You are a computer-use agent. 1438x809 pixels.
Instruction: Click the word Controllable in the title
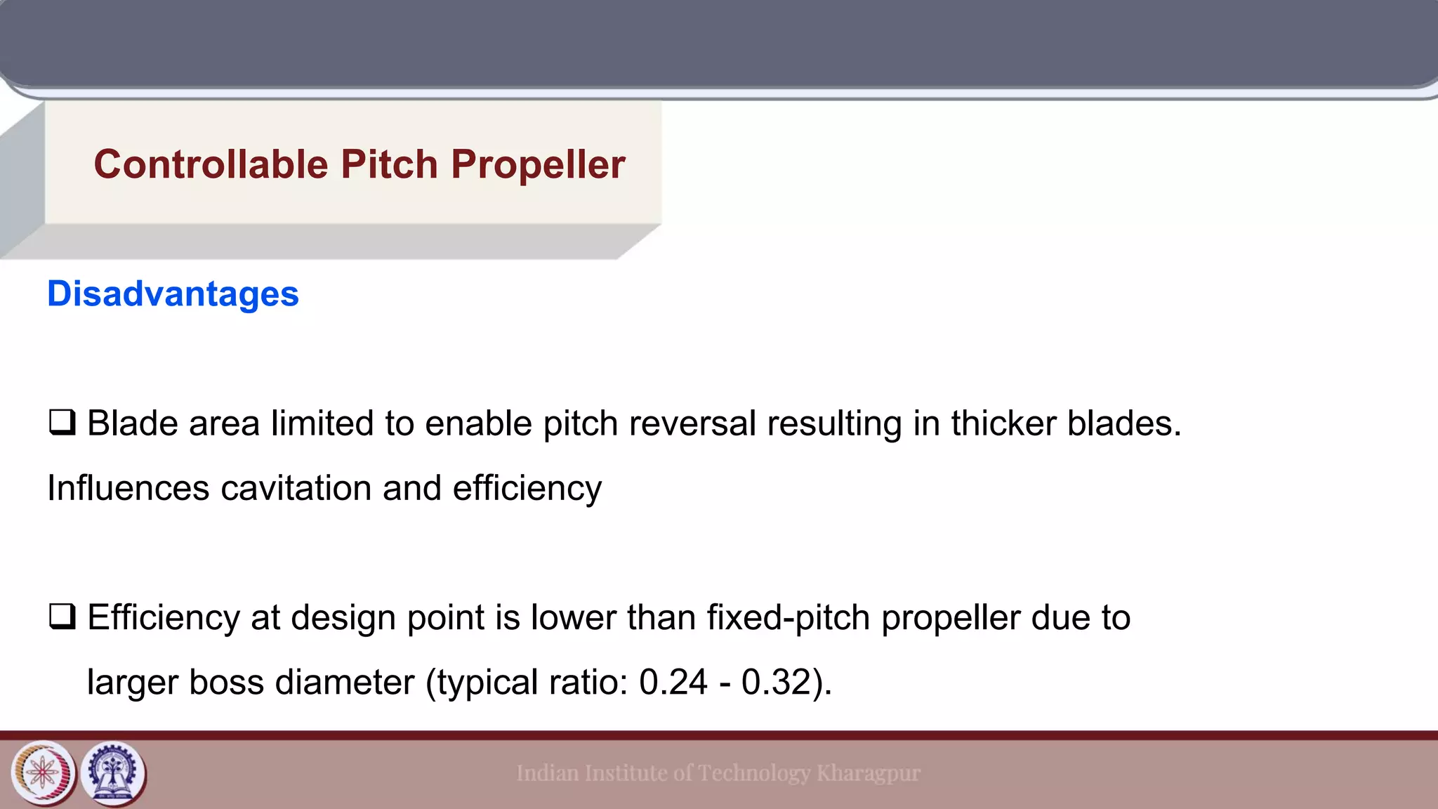tap(211, 164)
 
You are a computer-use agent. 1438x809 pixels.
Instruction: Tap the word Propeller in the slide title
tap(538, 164)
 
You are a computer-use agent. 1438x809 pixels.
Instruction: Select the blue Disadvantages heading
tap(173, 294)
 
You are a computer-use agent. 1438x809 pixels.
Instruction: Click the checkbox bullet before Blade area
tap(62, 423)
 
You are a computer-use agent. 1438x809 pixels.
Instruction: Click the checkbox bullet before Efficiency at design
tap(62, 617)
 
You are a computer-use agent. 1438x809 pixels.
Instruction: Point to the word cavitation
tap(296, 488)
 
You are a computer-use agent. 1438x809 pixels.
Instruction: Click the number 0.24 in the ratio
tap(673, 682)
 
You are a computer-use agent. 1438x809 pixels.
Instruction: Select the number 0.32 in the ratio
tap(776, 682)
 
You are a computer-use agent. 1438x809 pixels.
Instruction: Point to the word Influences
tap(128, 488)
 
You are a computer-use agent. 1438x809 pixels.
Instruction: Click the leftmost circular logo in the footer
tap(44, 773)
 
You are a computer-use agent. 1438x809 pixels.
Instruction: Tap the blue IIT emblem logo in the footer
tap(114, 773)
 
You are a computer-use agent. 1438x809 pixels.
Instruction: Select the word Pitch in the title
tap(390, 164)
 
